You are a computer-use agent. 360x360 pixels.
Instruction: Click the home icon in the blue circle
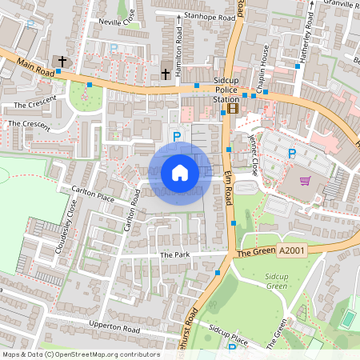pyautogui.click(x=180, y=172)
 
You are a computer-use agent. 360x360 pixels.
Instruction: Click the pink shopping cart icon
pyautogui.click(x=305, y=180)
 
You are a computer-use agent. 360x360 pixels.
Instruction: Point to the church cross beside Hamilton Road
pyautogui.click(x=166, y=74)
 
